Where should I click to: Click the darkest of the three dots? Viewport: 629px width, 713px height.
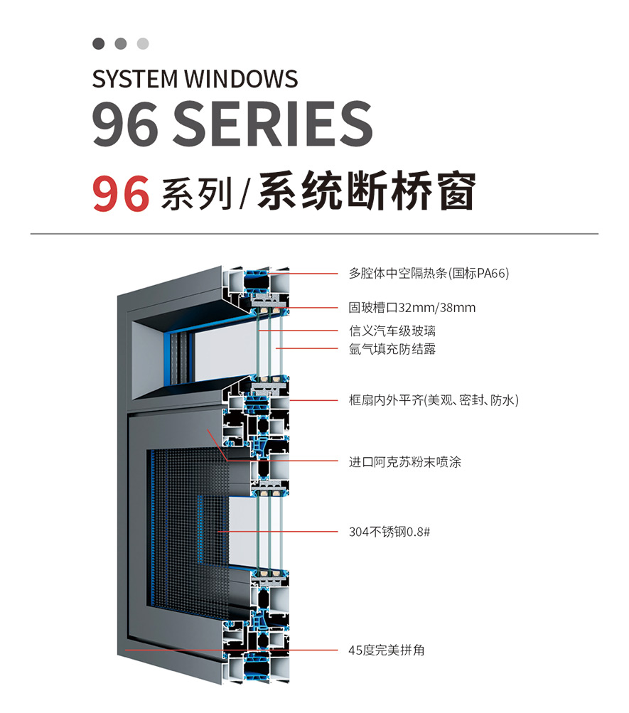pyautogui.click(x=99, y=43)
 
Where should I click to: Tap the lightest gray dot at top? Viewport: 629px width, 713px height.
pyautogui.click(x=143, y=43)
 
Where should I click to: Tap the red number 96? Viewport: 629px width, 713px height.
pyautogui.click(x=121, y=193)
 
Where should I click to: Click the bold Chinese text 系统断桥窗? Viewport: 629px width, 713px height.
pyautogui.click(x=365, y=192)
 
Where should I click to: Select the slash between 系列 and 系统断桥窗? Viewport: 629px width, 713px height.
pyautogui.click(x=244, y=194)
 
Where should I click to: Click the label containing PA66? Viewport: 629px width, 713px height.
pyautogui.click(x=429, y=273)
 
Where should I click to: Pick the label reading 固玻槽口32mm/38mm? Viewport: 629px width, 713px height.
pyautogui.click(x=412, y=308)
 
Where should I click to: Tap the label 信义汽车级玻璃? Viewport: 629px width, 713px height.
pyautogui.click(x=392, y=331)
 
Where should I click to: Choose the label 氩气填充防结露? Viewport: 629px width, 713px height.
pyautogui.click(x=392, y=349)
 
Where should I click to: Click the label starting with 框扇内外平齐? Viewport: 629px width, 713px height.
pyautogui.click(x=434, y=400)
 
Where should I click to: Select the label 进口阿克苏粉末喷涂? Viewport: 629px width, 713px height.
pyautogui.click(x=404, y=462)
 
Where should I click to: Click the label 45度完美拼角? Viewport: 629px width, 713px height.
pyautogui.click(x=387, y=650)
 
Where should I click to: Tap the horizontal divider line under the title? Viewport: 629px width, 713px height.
pyautogui.click(x=314, y=233)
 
